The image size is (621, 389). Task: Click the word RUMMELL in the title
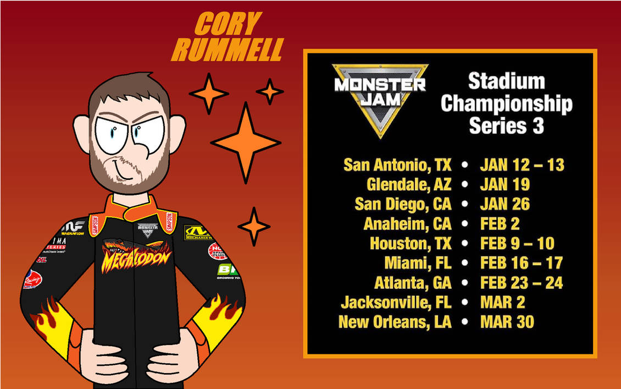[226, 50]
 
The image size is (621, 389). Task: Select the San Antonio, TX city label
[397, 165]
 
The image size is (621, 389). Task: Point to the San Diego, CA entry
[403, 204]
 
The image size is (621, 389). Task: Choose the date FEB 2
[500, 224]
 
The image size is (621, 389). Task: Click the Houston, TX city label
[410, 243]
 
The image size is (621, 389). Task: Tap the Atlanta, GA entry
[413, 283]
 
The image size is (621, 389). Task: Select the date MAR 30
[507, 322]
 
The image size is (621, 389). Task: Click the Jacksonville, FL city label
[396, 302]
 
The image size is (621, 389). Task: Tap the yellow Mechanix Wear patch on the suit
[196, 233]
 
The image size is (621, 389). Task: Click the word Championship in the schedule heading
[506, 103]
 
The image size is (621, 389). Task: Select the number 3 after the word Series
[538, 126]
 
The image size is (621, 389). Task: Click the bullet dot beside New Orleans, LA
[465, 322]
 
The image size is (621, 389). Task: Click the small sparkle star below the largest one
[253, 226]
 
